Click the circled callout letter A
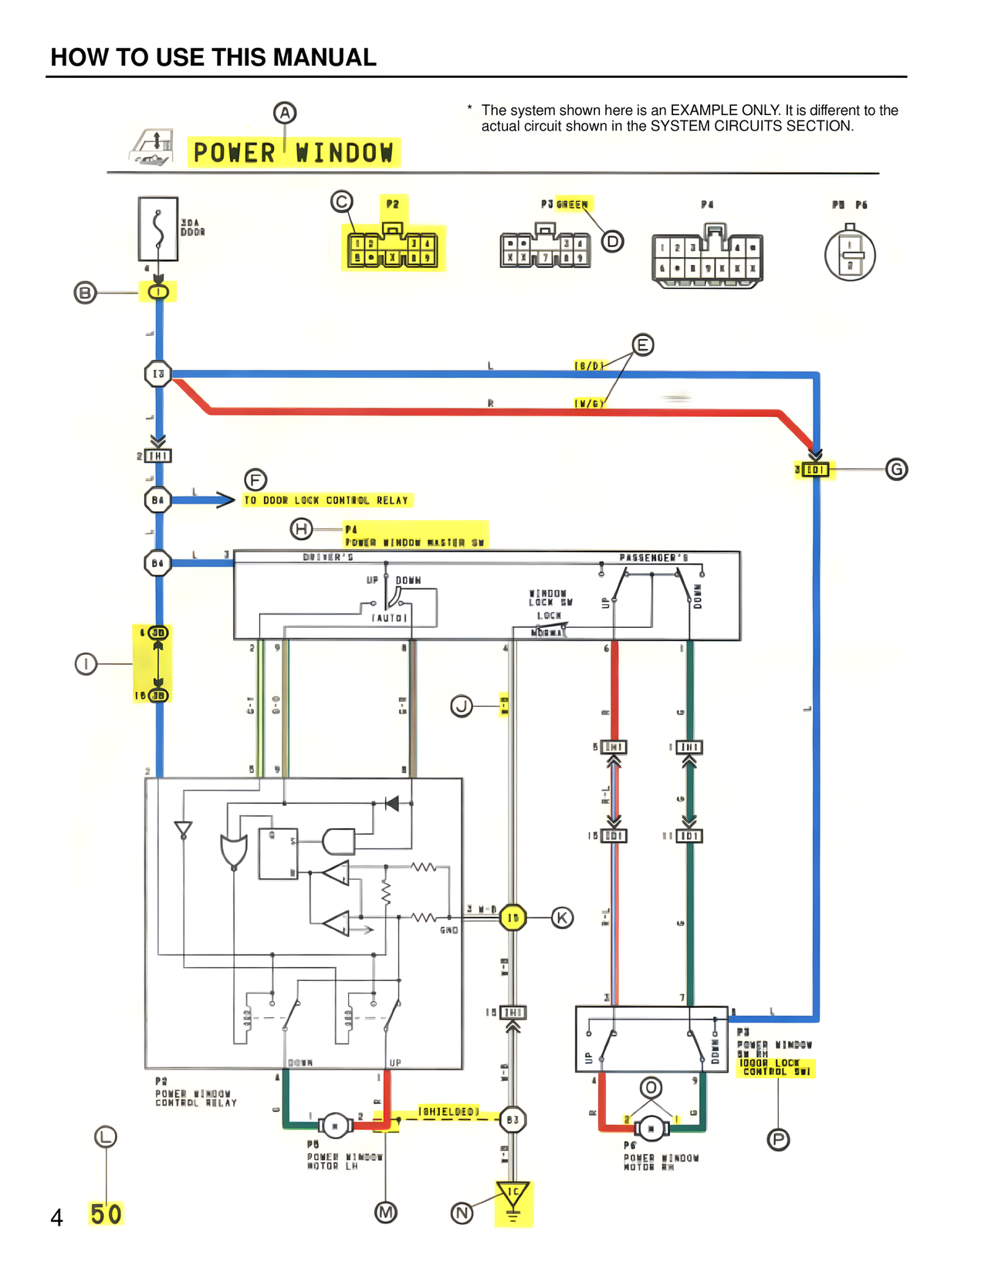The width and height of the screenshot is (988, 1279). tap(285, 113)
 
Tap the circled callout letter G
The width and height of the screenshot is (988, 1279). tap(896, 469)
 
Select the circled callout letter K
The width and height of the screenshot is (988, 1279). tap(562, 918)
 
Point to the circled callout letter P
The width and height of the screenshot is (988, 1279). tap(778, 1139)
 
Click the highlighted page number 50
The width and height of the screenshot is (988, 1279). tap(106, 1214)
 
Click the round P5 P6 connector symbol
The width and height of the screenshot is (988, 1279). tap(850, 254)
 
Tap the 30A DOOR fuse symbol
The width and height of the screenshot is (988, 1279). tap(158, 229)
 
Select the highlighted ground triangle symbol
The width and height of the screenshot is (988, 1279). tap(513, 1195)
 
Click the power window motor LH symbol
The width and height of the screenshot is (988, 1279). tap(335, 1125)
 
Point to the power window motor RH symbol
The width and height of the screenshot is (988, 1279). tap(651, 1129)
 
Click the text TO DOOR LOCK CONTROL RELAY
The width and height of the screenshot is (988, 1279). tap(326, 500)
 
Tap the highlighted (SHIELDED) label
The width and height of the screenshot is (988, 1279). tap(448, 1111)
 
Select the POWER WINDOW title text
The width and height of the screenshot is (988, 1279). tap(293, 152)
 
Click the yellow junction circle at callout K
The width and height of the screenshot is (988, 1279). tap(513, 918)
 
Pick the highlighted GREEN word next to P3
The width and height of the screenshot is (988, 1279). tap(573, 204)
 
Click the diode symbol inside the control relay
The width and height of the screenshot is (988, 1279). tap(392, 804)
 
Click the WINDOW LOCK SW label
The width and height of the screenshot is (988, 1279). tap(550, 598)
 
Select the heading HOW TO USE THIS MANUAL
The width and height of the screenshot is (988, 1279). tap(214, 57)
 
